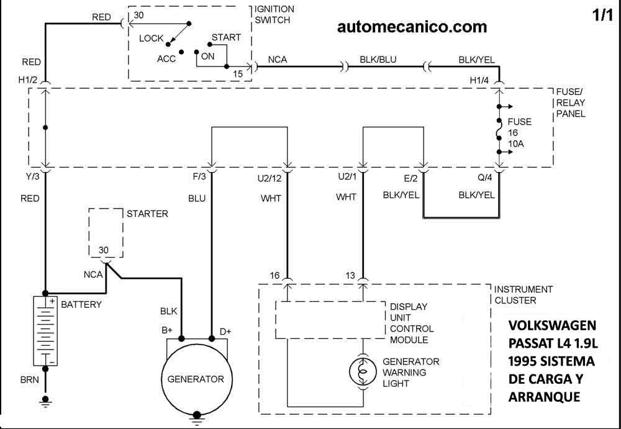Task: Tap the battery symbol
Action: coord(45,330)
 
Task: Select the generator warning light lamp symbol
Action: coord(363,371)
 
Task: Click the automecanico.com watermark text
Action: coord(412,27)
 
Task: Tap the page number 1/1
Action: coord(602,16)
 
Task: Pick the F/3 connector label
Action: coord(199,178)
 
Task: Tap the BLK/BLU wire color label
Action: coord(378,60)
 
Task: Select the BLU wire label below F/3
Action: coord(196,199)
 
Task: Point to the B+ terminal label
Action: coord(166,331)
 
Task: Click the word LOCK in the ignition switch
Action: coord(151,38)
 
